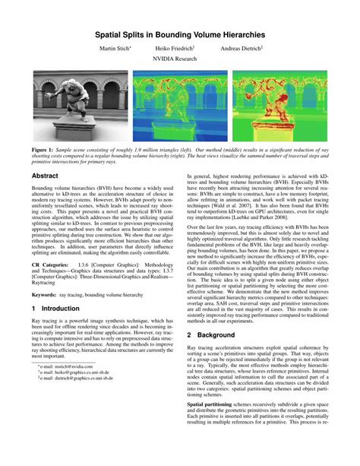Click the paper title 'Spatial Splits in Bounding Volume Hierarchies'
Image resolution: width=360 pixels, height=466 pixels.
pos(180,34)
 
